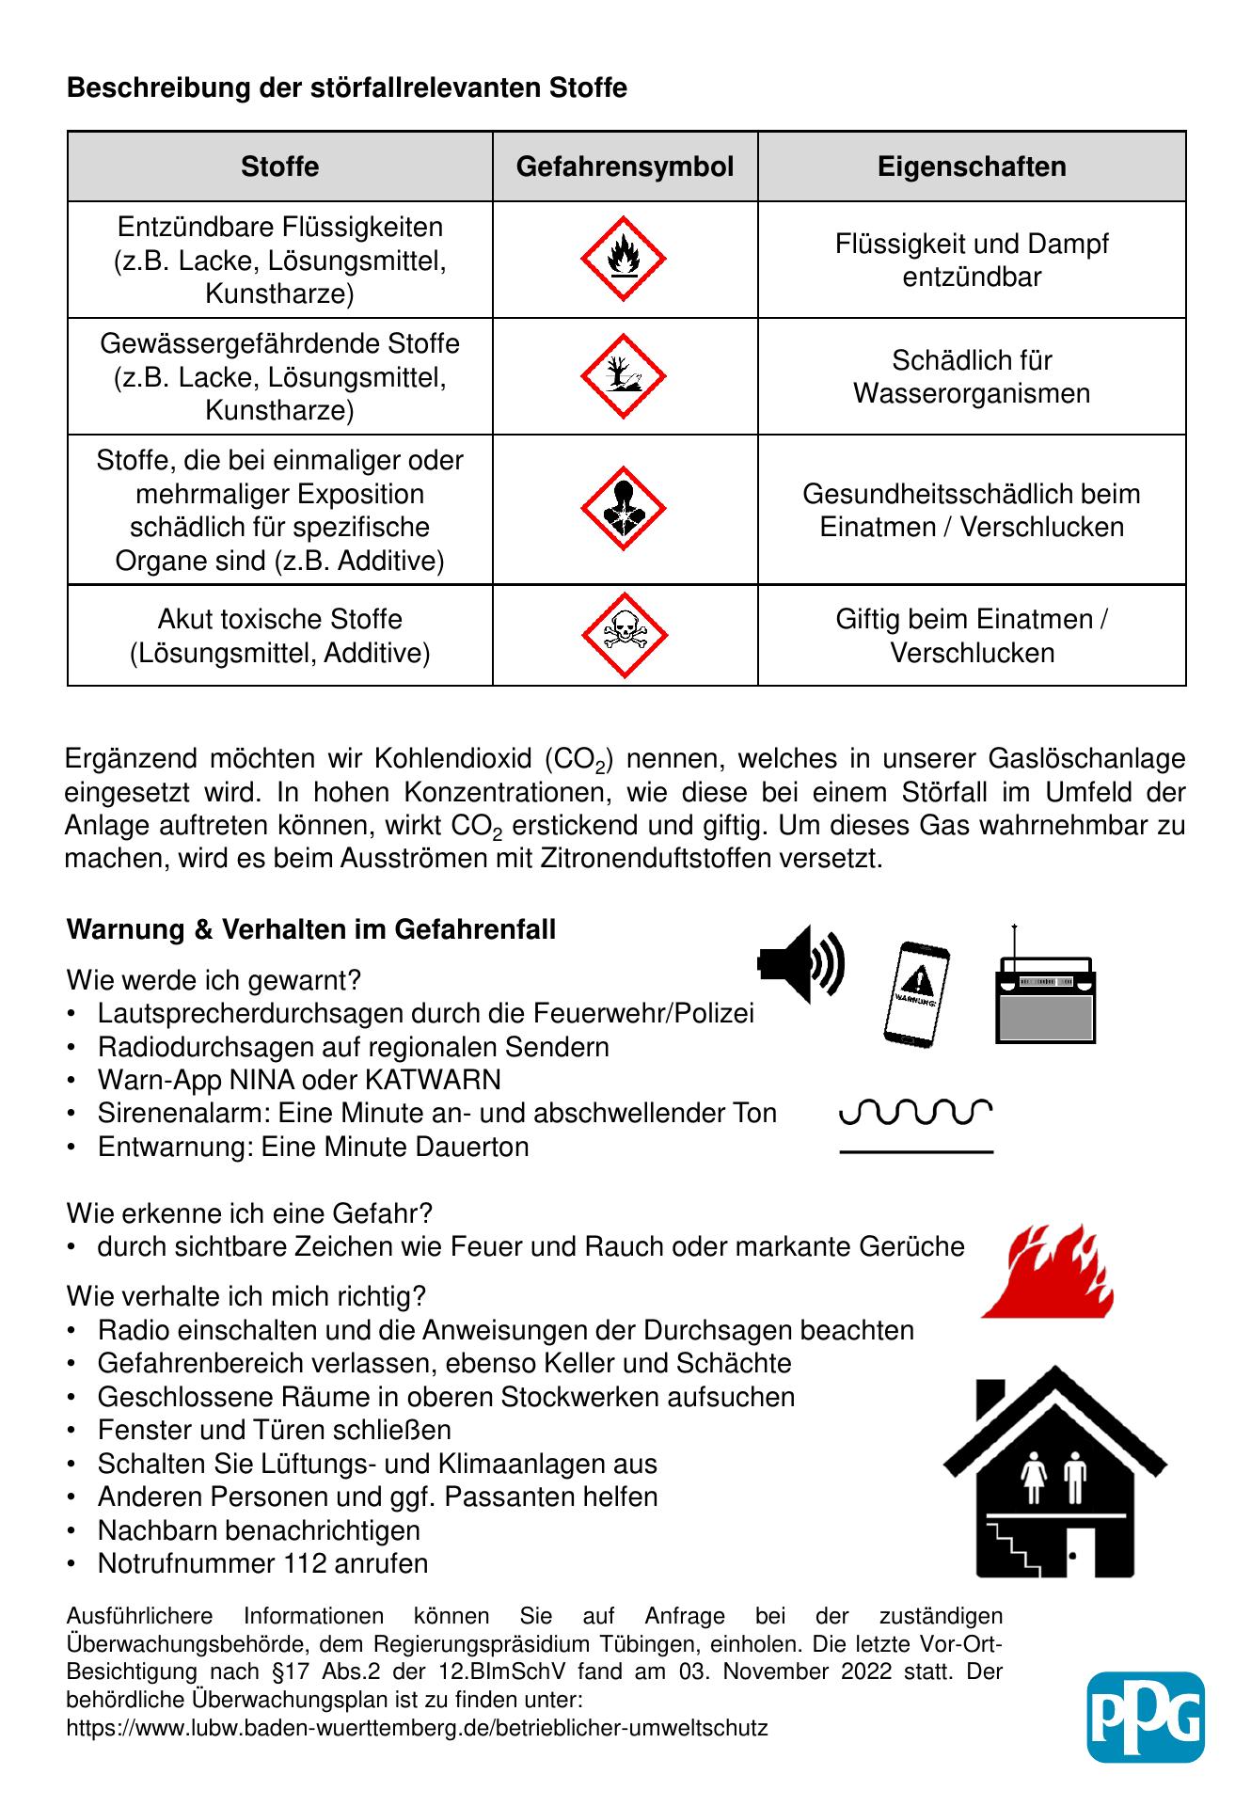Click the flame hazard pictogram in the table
pyautogui.click(x=623, y=259)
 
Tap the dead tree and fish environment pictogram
pyautogui.click(x=623, y=375)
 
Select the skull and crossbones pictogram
pyautogui.click(x=623, y=635)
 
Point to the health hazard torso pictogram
pyautogui.click(x=623, y=509)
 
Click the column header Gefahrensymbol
pyautogui.click(x=625, y=166)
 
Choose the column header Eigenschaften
pyautogui.click(x=972, y=166)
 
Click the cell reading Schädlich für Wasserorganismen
pyautogui.click(x=972, y=376)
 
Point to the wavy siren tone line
pyautogui.click(x=915, y=1112)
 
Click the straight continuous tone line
pyautogui.click(x=915, y=1151)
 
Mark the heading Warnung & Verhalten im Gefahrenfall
pyautogui.click(x=311, y=929)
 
